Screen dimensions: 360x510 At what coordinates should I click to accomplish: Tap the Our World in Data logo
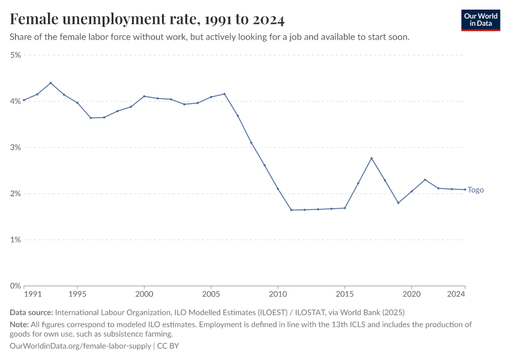(481, 20)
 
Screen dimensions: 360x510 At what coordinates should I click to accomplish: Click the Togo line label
(476, 190)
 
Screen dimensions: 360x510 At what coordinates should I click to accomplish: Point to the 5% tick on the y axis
(15, 55)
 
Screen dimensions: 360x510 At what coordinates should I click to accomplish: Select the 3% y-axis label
(15, 148)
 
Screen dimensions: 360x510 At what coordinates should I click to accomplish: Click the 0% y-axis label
(15, 286)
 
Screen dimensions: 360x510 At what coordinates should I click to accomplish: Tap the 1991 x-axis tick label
(32, 295)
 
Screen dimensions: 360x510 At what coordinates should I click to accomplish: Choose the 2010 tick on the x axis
(278, 295)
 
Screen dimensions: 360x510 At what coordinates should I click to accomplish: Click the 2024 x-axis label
(456, 295)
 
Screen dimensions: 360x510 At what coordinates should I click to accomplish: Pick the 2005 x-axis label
(211, 295)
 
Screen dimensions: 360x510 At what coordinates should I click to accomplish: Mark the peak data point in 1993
(50, 83)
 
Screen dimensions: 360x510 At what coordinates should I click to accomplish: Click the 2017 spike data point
(371, 158)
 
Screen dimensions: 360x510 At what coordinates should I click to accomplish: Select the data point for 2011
(291, 210)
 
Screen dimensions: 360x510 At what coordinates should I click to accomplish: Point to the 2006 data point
(224, 94)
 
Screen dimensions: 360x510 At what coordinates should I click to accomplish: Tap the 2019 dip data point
(398, 203)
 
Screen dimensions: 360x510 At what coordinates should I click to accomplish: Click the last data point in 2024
(465, 190)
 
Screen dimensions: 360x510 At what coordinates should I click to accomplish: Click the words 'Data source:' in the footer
(31, 313)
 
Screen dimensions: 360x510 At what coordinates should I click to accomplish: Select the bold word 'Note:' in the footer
(20, 324)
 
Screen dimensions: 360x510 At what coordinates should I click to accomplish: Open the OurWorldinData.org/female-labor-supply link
(80, 346)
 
